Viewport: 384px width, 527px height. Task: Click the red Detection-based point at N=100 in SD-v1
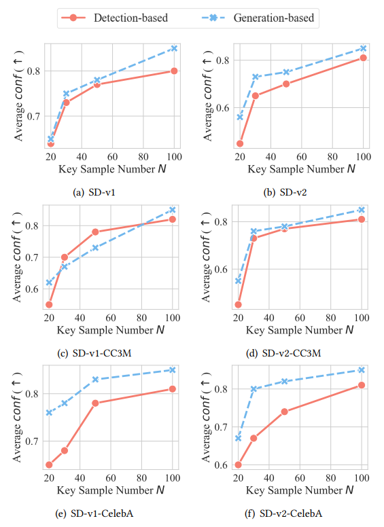coord(174,71)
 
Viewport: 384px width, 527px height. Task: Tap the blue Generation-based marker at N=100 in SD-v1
coord(174,48)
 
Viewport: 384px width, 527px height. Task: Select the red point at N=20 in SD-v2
coord(240,143)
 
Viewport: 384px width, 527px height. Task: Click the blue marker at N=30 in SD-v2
coord(256,77)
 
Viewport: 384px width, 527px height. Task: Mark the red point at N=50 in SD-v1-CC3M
coord(95,232)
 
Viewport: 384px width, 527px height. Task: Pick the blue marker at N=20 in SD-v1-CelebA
coord(49,412)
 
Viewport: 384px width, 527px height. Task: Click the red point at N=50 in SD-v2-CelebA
coord(284,412)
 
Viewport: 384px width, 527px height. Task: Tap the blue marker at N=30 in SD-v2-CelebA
coord(254,389)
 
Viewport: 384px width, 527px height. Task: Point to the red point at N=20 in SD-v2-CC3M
coord(238,304)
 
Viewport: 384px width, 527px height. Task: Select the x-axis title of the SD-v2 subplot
coord(300,167)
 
